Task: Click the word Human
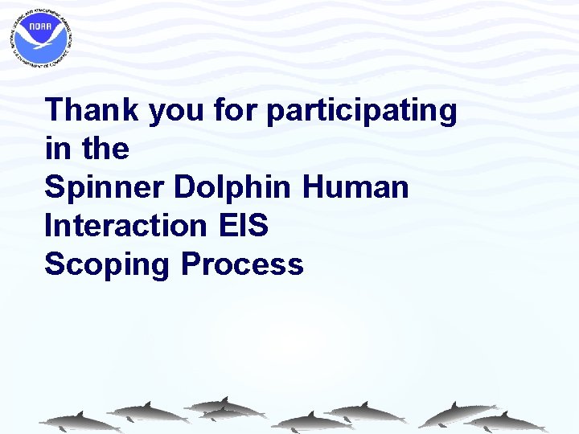tap(355, 187)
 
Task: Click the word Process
tap(242, 264)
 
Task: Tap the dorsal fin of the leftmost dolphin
tap(79, 414)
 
